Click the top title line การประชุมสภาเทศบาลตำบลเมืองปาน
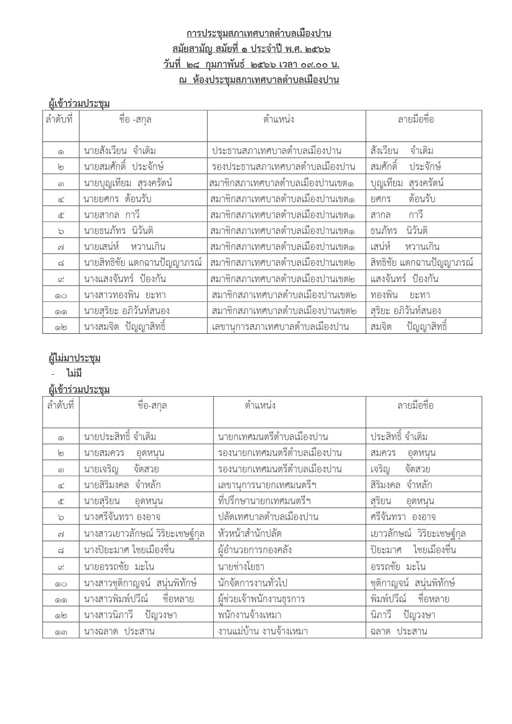pos(259,34)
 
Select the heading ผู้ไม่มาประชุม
pos(75,358)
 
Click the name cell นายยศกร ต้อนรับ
pos(117,199)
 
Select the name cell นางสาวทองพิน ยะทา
pos(125,295)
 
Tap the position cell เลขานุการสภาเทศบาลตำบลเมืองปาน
pos(280,327)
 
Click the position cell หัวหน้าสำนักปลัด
pos(250,534)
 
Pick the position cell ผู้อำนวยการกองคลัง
pos(255,550)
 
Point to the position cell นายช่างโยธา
pos(241,567)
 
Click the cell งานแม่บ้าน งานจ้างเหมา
pos(262,632)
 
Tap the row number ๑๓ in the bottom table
pos(61,632)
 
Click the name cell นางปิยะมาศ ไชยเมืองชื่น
pos(129,550)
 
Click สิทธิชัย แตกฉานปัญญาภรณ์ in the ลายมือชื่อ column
pos(422,263)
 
